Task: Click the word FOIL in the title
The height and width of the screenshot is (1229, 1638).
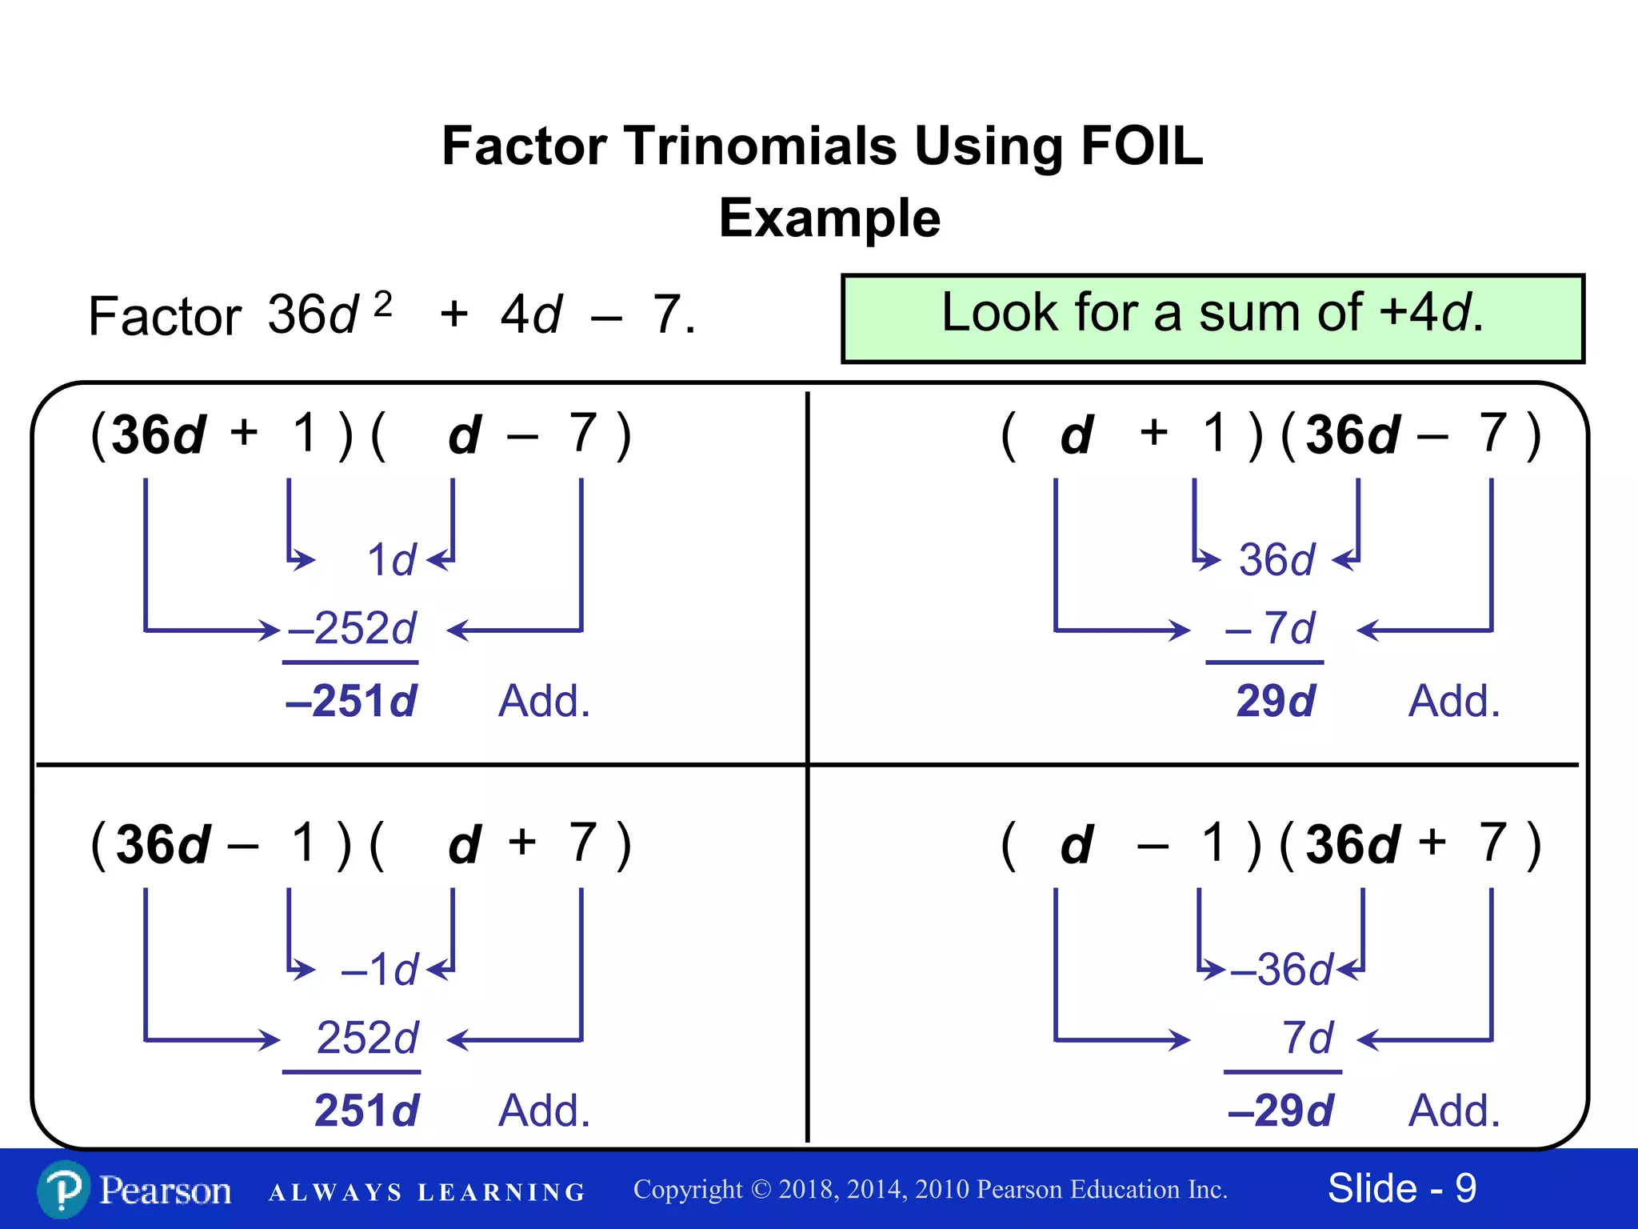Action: pyautogui.click(x=1141, y=146)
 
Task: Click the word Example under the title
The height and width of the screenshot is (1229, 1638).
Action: pyautogui.click(x=829, y=218)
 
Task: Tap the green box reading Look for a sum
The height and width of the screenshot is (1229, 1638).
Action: pyautogui.click(x=1213, y=318)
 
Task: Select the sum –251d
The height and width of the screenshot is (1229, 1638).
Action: pyautogui.click(x=351, y=701)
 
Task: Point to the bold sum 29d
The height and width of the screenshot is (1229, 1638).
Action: pyautogui.click(x=1275, y=701)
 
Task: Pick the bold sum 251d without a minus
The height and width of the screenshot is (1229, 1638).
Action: pyautogui.click(x=366, y=1111)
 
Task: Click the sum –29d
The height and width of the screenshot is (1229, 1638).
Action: pyautogui.click(x=1280, y=1111)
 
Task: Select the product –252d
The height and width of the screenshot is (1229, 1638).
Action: pyautogui.click(x=352, y=628)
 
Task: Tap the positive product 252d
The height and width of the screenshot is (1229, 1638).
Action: pyautogui.click(x=367, y=1038)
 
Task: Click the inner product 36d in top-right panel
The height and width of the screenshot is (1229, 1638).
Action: pyautogui.click(x=1276, y=559)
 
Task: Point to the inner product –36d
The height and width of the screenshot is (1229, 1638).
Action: pyautogui.click(x=1282, y=970)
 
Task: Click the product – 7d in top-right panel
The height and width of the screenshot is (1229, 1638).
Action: pyautogui.click(x=1270, y=628)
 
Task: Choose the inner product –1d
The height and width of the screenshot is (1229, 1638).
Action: pyautogui.click(x=379, y=970)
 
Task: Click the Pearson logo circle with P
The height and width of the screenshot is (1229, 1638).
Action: pyautogui.click(x=64, y=1190)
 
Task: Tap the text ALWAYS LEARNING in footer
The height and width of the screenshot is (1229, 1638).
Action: pyautogui.click(x=427, y=1192)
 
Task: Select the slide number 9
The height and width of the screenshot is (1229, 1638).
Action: pyautogui.click(x=1465, y=1188)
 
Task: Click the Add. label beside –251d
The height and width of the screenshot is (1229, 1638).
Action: pyautogui.click(x=544, y=701)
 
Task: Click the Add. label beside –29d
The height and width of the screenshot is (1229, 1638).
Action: pyautogui.click(x=1454, y=1111)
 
